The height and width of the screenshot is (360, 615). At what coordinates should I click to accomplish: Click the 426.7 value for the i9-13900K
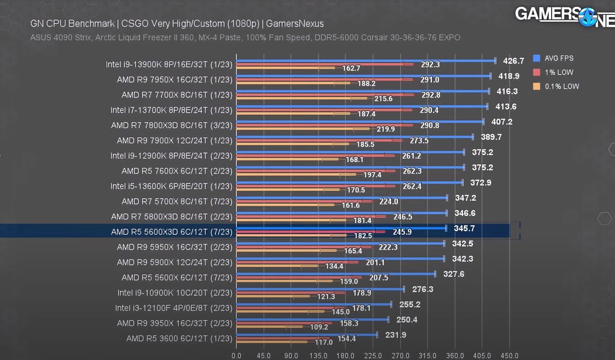(x=513, y=61)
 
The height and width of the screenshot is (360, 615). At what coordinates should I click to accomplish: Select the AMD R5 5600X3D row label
(x=171, y=232)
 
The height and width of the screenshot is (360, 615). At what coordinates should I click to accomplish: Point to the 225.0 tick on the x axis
(x=373, y=356)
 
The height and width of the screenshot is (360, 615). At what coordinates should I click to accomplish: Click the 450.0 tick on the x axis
(x=509, y=356)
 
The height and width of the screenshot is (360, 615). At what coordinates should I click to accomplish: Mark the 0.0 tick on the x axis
(x=236, y=356)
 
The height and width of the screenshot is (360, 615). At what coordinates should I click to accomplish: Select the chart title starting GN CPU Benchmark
(x=177, y=24)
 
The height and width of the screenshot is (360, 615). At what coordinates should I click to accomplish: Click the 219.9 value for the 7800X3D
(x=385, y=129)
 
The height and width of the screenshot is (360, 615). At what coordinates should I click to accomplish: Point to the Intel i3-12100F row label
(x=173, y=308)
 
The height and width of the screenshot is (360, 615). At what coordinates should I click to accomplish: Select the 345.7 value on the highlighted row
(x=464, y=228)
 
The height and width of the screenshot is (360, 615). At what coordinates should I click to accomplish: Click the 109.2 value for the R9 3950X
(x=319, y=327)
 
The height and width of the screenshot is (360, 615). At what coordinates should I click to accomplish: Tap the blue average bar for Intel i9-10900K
(x=320, y=289)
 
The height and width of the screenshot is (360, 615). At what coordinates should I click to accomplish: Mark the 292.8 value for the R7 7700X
(x=430, y=95)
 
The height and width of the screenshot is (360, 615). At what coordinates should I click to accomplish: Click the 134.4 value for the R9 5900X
(x=334, y=266)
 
